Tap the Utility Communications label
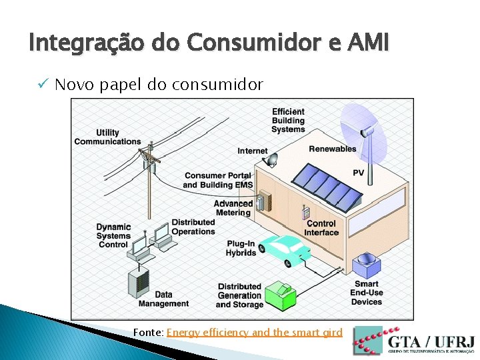107,137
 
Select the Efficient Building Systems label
288,121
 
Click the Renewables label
333,149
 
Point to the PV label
358,173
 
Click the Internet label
252,151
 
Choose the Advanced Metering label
233,208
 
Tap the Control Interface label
321,228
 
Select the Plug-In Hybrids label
241,248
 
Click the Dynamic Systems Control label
113,235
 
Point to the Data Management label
163,299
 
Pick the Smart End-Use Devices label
367,293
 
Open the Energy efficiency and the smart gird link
254,332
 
